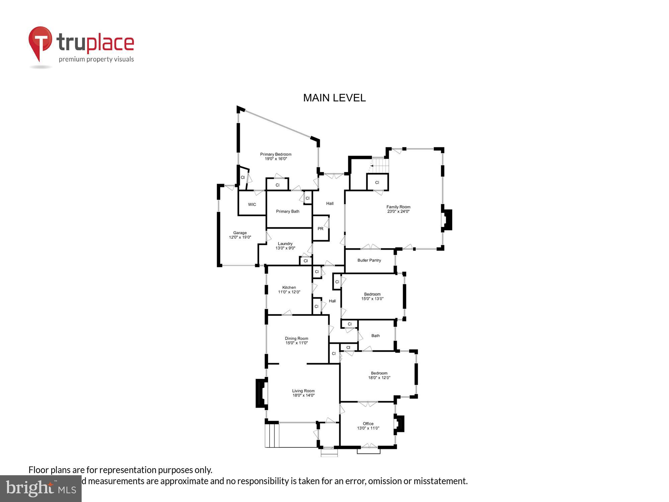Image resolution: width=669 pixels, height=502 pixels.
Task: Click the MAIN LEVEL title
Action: click(334, 98)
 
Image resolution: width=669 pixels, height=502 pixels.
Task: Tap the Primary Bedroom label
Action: click(276, 156)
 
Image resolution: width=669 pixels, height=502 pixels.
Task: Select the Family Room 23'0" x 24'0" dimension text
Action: click(398, 212)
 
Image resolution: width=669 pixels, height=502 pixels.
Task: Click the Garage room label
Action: click(240, 235)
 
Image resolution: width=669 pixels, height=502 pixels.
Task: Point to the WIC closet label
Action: click(252, 204)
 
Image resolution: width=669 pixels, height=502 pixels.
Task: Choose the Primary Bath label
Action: click(287, 212)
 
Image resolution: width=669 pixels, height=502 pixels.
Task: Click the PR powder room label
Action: click(320, 229)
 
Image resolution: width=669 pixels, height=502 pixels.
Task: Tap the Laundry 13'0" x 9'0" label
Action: click(285, 246)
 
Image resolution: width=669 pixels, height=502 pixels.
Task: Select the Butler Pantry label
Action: click(369, 260)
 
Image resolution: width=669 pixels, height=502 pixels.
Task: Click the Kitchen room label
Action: click(289, 289)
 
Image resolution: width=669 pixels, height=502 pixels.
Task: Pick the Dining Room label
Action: click(296, 340)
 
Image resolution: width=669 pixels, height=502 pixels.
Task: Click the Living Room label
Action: click(303, 393)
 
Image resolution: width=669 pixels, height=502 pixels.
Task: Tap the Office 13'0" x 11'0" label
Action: click(368, 426)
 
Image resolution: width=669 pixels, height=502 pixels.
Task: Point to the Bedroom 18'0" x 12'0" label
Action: click(379, 375)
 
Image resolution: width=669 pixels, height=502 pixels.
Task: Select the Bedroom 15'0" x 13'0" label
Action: click(372, 297)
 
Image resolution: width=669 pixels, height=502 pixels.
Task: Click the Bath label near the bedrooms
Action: click(375, 336)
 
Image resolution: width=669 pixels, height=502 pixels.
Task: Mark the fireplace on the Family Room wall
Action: click(447, 220)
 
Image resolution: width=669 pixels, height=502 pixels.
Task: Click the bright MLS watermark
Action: click(40, 489)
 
